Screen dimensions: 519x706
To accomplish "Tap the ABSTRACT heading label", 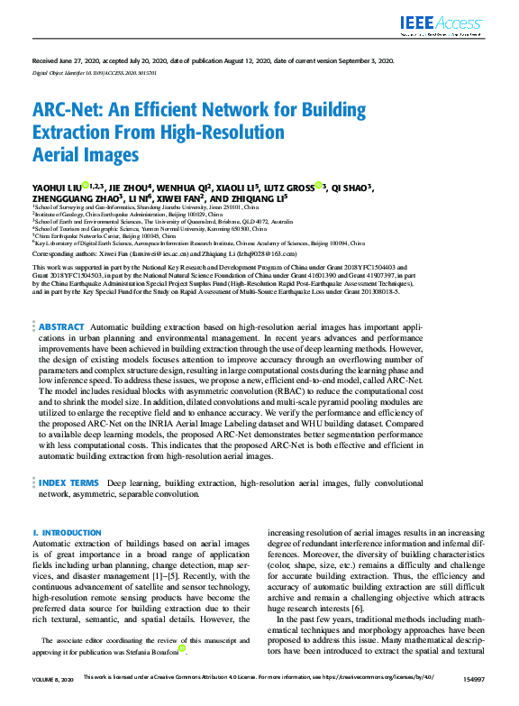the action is click(60, 326).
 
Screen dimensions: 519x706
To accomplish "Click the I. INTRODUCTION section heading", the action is click(68, 534).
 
